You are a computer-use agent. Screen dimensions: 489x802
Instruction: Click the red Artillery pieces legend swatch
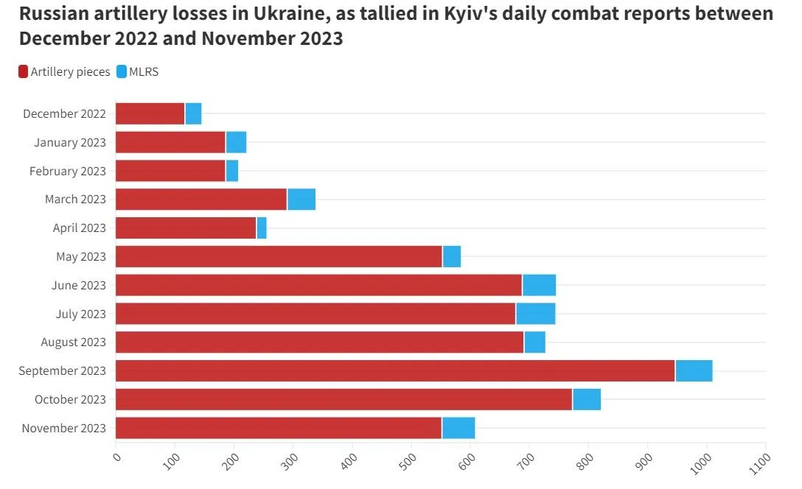click(23, 72)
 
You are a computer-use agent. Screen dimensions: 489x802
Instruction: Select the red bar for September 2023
click(395, 371)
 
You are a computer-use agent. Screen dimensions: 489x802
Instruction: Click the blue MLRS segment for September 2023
click(694, 371)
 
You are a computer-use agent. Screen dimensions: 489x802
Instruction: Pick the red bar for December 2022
click(150, 114)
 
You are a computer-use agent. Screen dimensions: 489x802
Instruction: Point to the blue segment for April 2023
click(262, 228)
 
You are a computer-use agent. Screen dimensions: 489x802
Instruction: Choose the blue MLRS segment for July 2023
click(536, 314)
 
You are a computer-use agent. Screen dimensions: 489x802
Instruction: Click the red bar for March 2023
click(201, 200)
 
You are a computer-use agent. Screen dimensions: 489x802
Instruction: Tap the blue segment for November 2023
click(458, 429)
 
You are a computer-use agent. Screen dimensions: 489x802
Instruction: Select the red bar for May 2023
click(279, 257)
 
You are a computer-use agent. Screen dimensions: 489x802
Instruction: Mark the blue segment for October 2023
click(587, 400)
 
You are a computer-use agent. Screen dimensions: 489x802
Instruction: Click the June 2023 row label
click(79, 286)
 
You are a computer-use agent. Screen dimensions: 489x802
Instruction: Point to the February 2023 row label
click(68, 172)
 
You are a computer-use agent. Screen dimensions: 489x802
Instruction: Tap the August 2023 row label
click(74, 342)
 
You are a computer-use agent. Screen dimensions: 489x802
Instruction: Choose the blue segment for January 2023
click(236, 143)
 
